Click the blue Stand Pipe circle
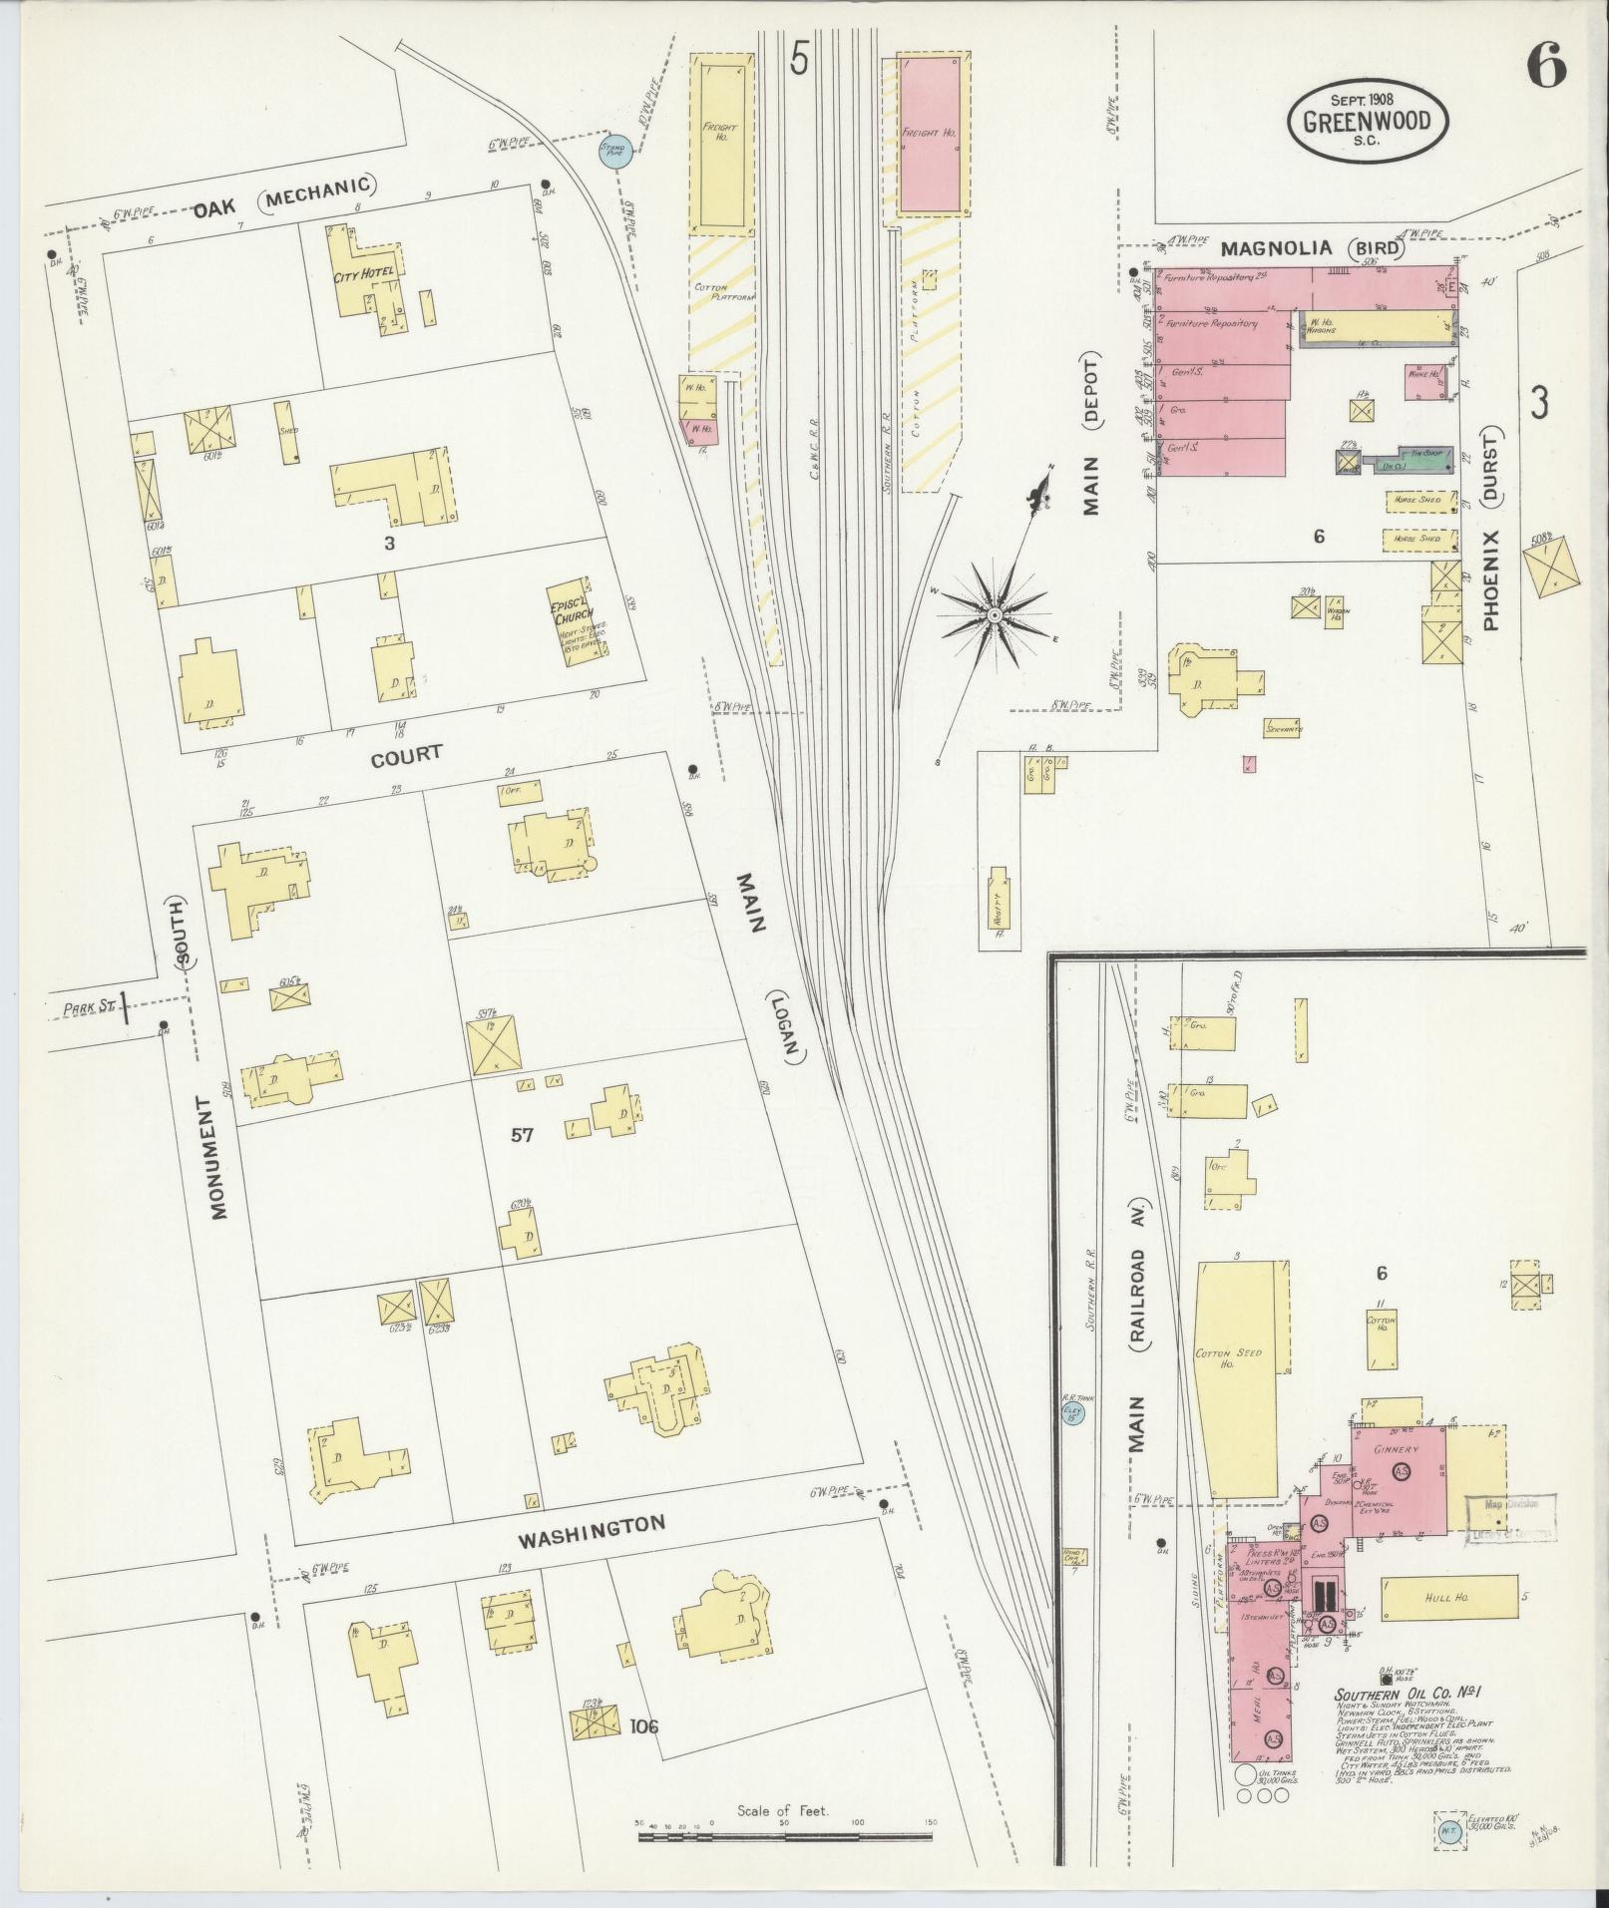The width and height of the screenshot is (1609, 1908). pyautogui.click(x=611, y=151)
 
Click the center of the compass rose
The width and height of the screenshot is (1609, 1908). pyautogui.click(x=995, y=617)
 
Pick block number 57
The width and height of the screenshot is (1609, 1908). pyautogui.click(x=522, y=1134)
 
